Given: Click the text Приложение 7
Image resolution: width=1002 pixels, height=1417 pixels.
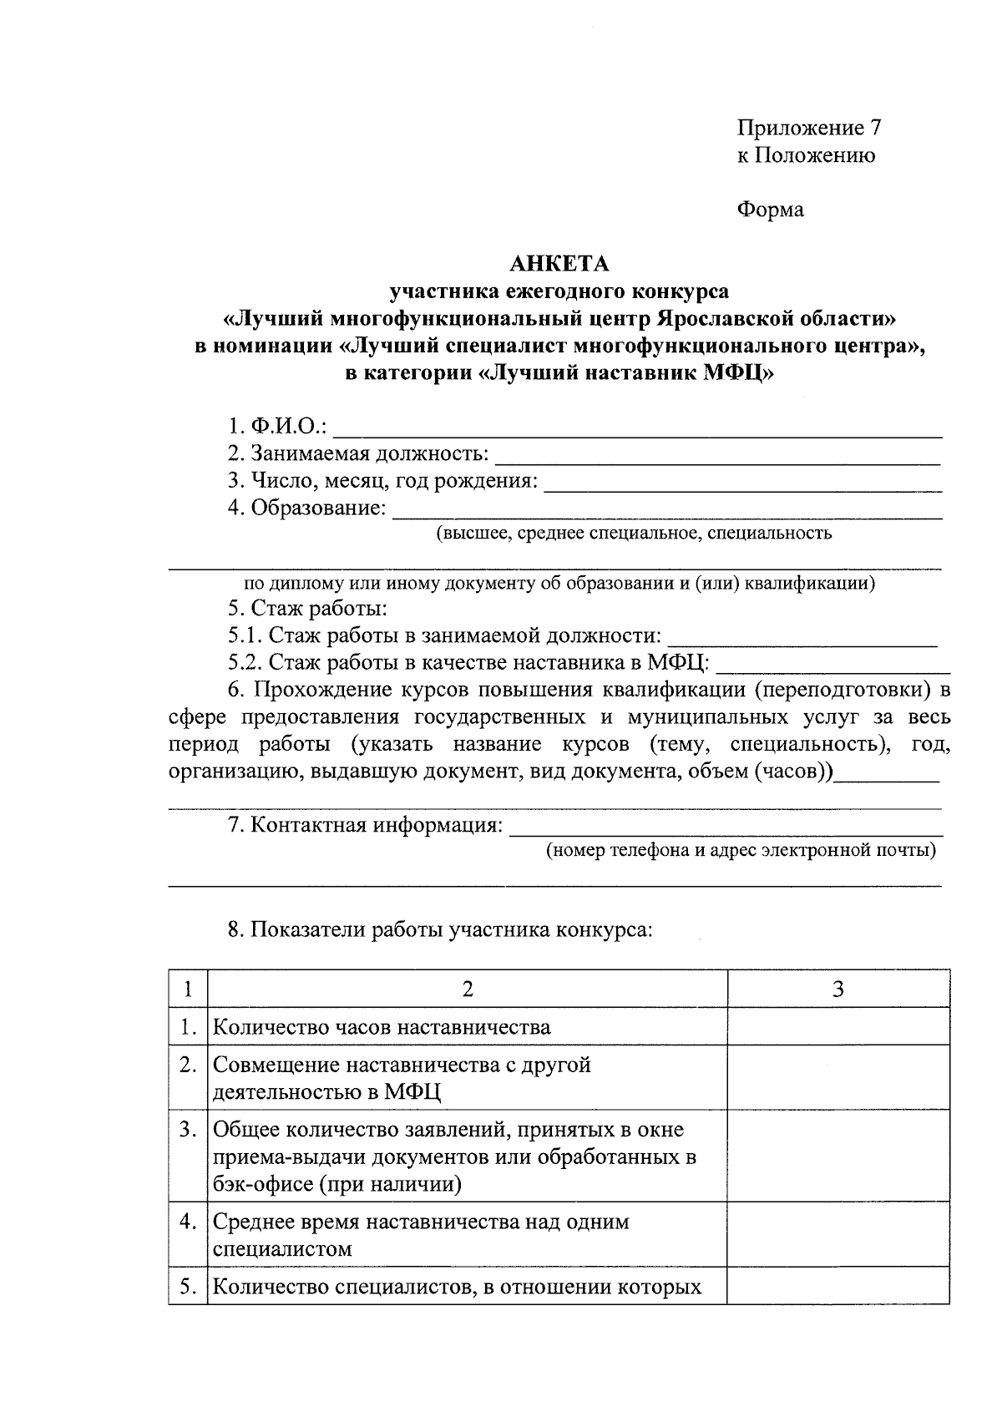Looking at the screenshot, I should (808, 128).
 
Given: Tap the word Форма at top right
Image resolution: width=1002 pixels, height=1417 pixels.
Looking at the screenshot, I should (770, 210).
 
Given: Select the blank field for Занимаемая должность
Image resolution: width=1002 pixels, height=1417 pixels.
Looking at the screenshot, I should (718, 456).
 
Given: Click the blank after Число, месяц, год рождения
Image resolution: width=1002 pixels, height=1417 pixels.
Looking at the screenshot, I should (743, 483).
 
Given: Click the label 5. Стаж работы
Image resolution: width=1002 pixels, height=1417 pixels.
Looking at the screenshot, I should (307, 609).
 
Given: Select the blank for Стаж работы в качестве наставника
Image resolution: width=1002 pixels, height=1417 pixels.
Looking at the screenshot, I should (833, 664).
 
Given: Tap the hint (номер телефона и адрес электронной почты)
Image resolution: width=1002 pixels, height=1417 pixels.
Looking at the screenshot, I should (741, 851).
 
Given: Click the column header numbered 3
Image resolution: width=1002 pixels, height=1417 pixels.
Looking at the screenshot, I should (838, 989).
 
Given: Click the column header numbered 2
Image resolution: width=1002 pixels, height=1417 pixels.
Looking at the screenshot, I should (468, 989).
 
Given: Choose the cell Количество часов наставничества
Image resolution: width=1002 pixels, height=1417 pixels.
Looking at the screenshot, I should (382, 1027).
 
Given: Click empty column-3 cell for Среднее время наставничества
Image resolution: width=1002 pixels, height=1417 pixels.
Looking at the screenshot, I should (838, 1235).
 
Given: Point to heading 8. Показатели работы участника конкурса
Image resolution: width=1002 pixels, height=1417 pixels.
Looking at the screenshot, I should (440, 929).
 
